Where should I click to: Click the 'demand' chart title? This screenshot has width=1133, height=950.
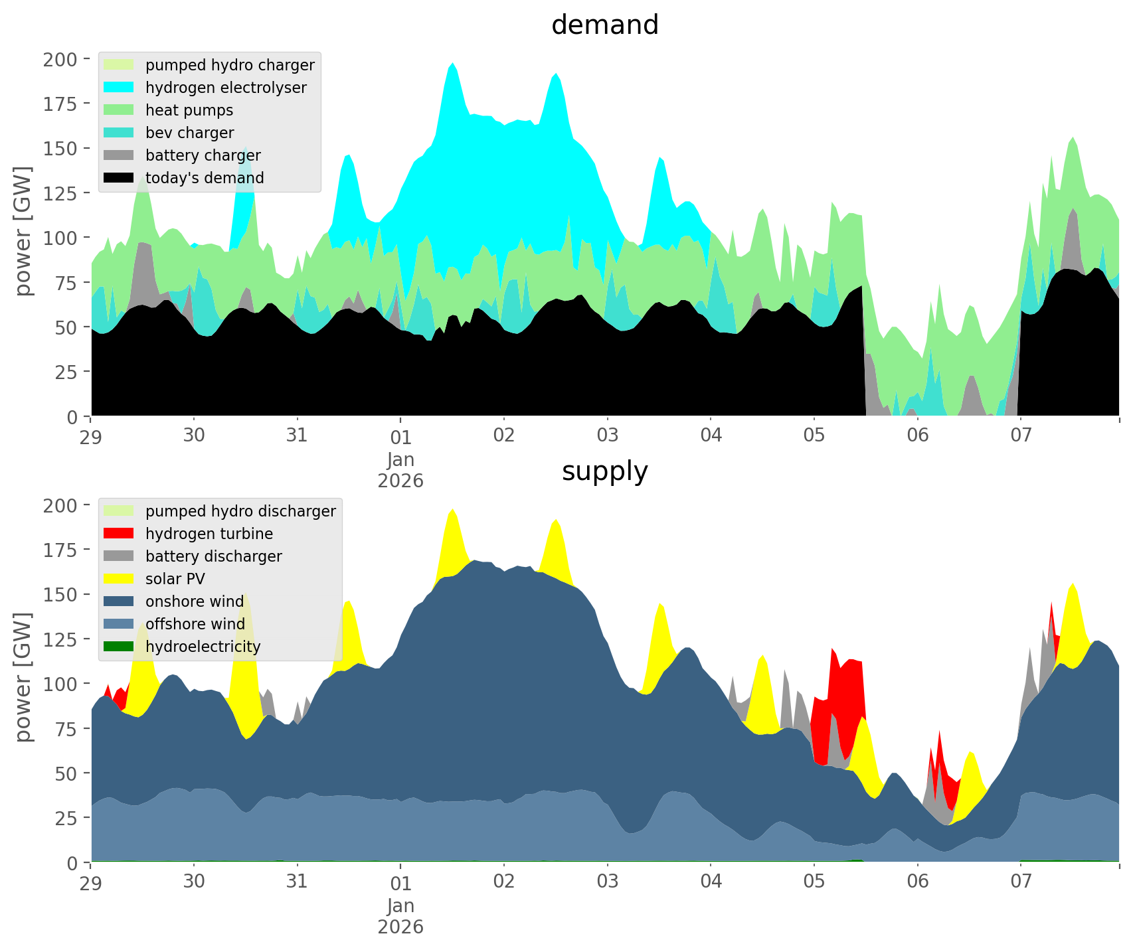click(x=604, y=25)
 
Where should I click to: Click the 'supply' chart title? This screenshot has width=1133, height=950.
click(x=604, y=471)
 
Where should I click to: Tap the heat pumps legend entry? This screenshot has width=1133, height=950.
click(x=189, y=110)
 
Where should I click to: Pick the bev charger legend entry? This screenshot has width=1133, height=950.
click(x=189, y=133)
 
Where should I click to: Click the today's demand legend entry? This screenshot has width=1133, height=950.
click(x=205, y=178)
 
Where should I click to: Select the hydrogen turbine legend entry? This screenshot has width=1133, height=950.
click(x=209, y=534)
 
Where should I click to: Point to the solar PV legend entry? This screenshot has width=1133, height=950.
click(x=175, y=579)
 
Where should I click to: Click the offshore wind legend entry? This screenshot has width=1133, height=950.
click(x=195, y=624)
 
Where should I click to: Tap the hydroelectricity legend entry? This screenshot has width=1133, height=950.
click(x=203, y=647)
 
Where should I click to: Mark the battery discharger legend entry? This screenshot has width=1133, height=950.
click(x=214, y=556)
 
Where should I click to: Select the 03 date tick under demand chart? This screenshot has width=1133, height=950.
click(x=607, y=435)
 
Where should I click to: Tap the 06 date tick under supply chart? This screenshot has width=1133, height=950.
click(x=917, y=882)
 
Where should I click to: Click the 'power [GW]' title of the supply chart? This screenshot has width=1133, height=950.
click(x=23, y=677)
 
